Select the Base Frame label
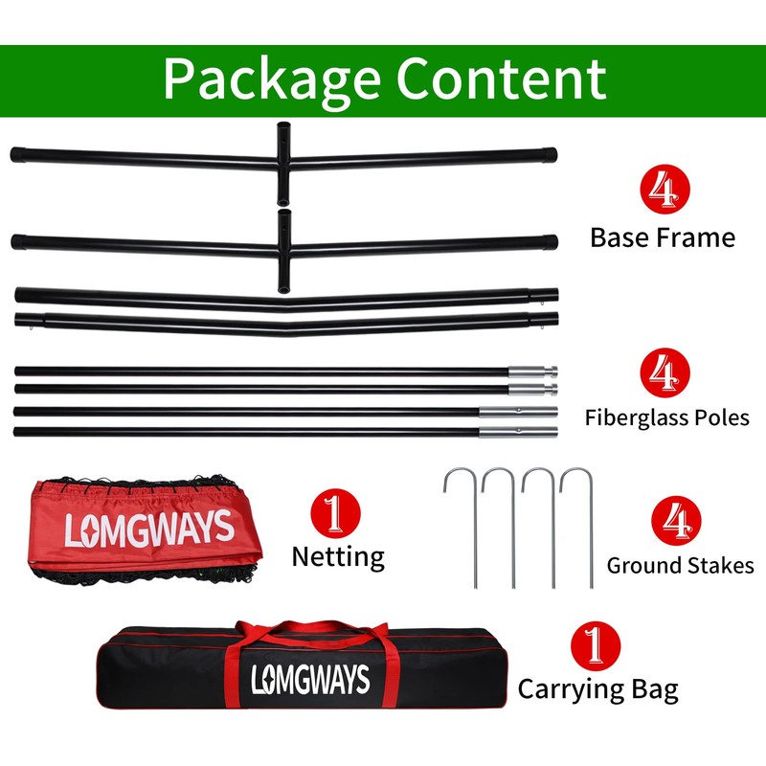point(663,237)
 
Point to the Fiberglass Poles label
point(667,417)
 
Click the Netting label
point(337,556)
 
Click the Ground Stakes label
point(680,565)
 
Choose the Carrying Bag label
point(597,688)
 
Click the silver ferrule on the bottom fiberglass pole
point(517,432)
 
